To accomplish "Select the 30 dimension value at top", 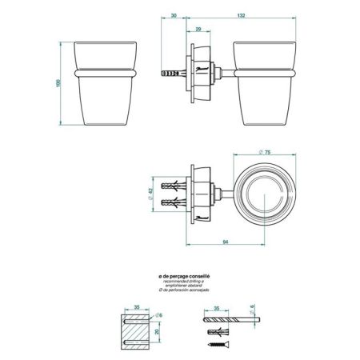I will pos(174,14).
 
